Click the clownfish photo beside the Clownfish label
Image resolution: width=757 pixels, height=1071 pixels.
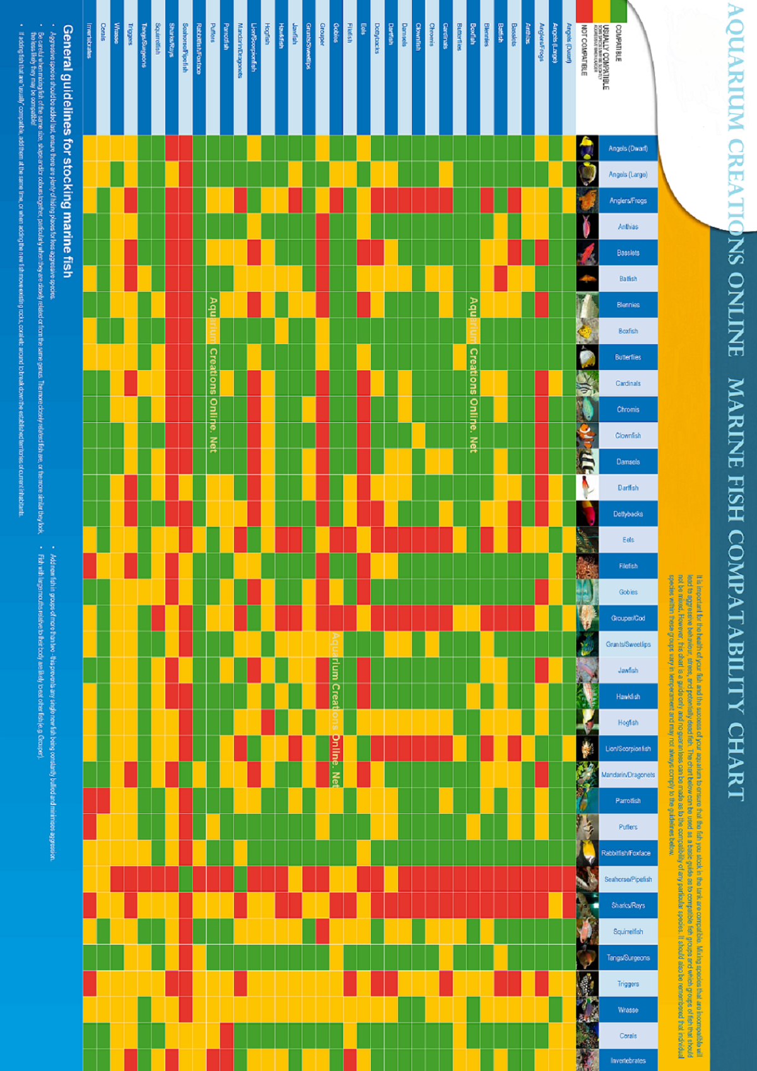(587, 436)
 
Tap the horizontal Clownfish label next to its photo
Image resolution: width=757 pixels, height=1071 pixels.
(628, 436)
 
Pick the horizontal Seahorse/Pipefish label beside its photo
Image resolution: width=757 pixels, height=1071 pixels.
(628, 879)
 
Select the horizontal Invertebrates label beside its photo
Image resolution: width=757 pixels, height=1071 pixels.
(628, 1060)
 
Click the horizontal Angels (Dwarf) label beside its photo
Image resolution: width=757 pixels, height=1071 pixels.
(628, 149)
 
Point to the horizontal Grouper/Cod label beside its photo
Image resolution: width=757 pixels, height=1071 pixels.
(628, 618)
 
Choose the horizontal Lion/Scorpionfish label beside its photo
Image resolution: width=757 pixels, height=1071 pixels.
(628, 749)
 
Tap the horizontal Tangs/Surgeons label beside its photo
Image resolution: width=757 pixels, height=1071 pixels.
(628, 958)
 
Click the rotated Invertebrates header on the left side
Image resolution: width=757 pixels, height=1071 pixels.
(90, 41)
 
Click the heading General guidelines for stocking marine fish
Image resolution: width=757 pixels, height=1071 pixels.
(68, 151)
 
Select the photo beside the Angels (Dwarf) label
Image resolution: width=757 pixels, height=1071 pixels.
(587, 149)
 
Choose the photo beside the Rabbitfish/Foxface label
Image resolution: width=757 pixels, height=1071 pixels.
(587, 853)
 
